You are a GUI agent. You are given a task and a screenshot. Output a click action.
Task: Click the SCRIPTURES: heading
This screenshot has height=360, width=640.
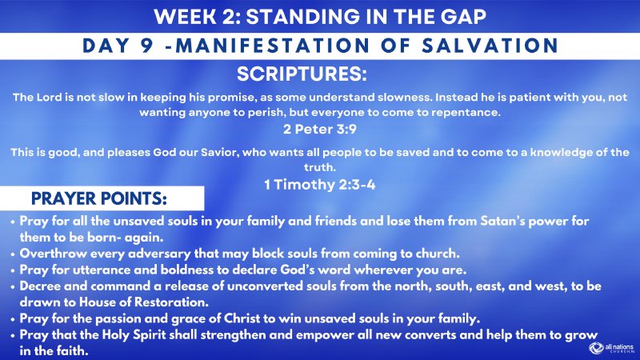point(302,75)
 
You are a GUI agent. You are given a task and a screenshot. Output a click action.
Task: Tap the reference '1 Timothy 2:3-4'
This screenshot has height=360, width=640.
point(319,183)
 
